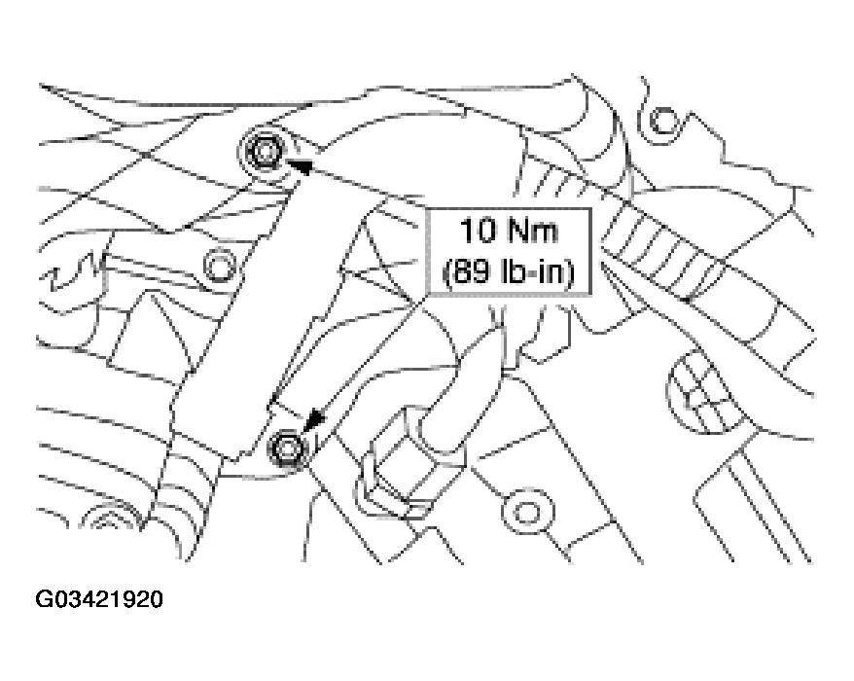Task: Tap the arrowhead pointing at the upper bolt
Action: pyautogui.click(x=300, y=165)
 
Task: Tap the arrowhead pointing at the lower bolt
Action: pyautogui.click(x=315, y=420)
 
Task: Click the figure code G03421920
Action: pyautogui.click(x=99, y=599)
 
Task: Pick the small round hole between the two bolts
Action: pyautogui.click(x=220, y=267)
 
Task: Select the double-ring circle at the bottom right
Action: pyautogui.click(x=527, y=512)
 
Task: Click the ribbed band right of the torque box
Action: pyautogui.click(x=670, y=251)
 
